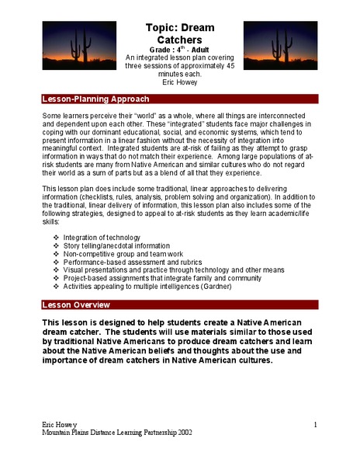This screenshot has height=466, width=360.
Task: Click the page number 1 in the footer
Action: (x=317, y=426)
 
